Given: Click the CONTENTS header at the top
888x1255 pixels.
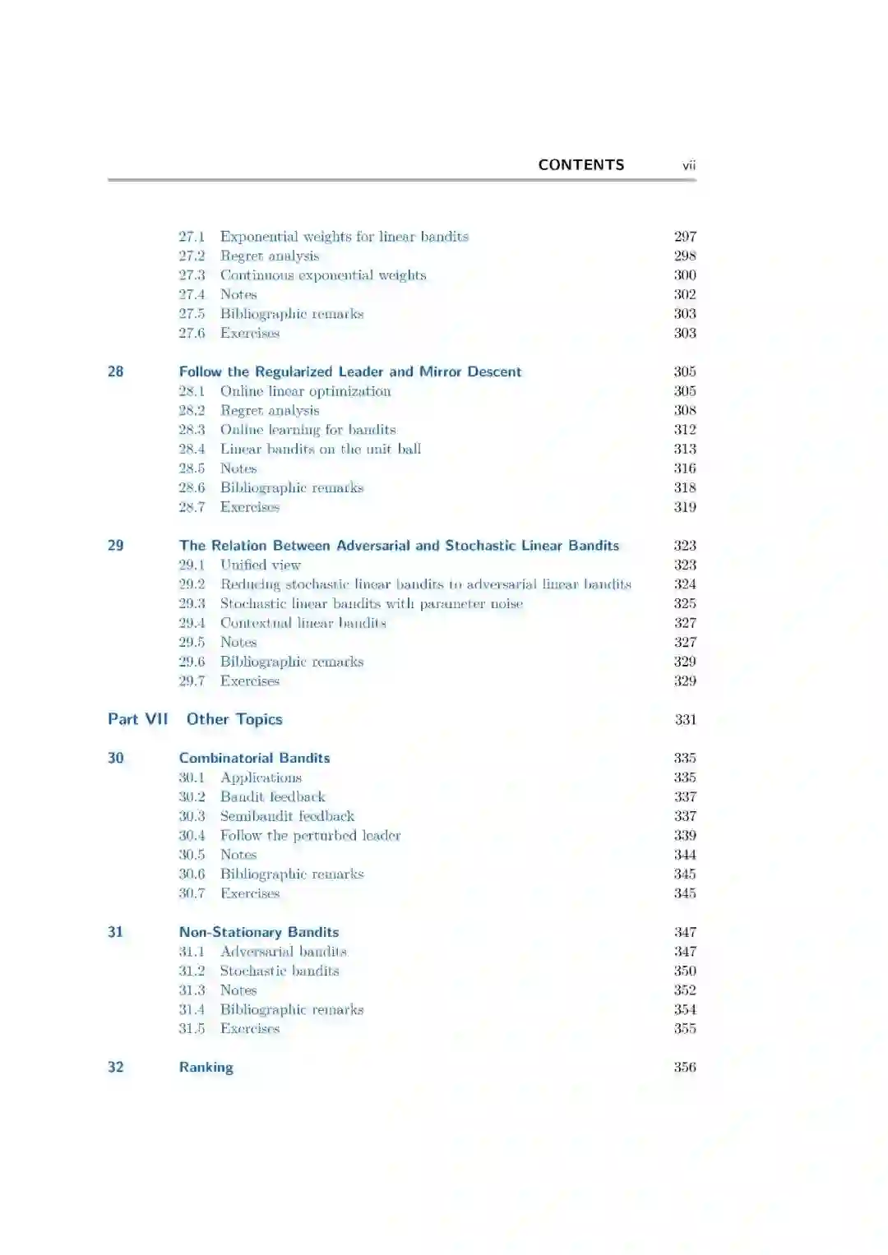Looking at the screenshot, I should (x=580, y=164).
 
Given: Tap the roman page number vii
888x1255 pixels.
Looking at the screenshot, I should (x=688, y=165).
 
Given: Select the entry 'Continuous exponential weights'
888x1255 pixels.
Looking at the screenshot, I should (x=322, y=275).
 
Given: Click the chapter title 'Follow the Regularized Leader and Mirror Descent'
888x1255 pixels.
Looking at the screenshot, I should (x=349, y=371).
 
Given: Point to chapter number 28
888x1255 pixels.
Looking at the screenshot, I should (x=116, y=371).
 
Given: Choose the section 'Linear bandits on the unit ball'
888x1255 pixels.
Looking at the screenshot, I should (x=320, y=449).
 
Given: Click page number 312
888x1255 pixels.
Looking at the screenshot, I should (x=684, y=430).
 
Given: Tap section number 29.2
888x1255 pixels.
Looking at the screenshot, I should (x=192, y=584).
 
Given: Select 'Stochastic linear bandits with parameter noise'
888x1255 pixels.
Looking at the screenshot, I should (x=371, y=603).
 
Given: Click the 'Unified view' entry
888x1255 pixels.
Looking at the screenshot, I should (x=260, y=565).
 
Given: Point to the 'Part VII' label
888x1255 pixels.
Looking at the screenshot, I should (x=137, y=719).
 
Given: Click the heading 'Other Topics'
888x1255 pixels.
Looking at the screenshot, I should (x=234, y=719).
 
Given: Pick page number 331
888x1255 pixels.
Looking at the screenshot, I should (x=685, y=719).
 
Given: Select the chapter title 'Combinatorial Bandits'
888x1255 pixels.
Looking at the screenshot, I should (x=254, y=758).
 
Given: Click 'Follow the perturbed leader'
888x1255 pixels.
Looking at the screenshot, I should (x=310, y=835).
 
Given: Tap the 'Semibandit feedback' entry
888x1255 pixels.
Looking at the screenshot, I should (x=287, y=816).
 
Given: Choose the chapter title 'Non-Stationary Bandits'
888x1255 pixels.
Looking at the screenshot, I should (x=258, y=932).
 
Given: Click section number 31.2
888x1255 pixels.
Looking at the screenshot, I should (x=192, y=971).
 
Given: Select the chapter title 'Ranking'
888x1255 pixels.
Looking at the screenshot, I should (x=206, y=1067).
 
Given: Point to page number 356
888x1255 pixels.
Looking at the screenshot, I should (x=684, y=1067).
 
